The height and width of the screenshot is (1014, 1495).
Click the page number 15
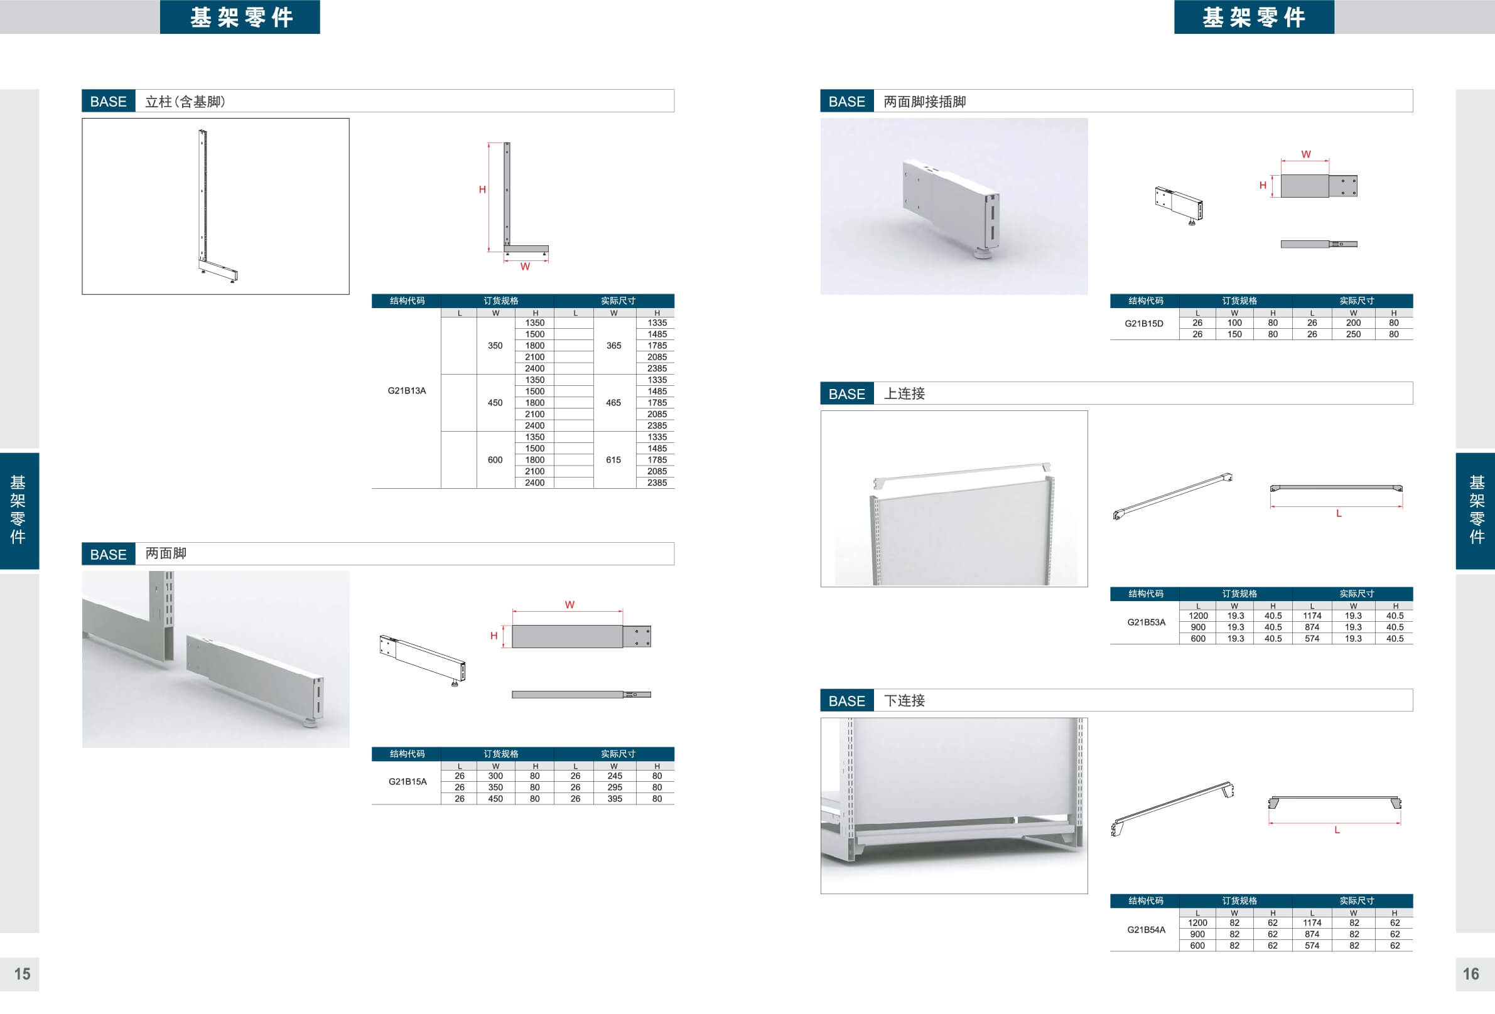[23, 973]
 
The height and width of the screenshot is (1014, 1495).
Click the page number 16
[1471, 973]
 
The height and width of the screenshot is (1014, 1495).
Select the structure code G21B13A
[407, 390]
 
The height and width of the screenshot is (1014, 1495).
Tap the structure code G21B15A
[407, 781]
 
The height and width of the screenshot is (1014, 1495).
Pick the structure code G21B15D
[1144, 323]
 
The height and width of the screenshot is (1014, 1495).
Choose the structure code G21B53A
[1146, 622]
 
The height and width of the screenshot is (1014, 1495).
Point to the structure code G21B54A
[1146, 929]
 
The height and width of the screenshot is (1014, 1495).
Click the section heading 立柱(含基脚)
[185, 102]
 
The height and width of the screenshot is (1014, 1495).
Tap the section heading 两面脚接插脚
[924, 102]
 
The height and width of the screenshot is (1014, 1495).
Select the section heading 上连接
[904, 393]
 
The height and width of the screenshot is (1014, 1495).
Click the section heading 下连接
[904, 700]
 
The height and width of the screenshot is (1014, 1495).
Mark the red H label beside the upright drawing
[482, 189]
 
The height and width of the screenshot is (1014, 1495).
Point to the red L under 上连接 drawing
[1339, 513]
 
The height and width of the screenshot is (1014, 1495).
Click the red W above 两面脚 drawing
[569, 604]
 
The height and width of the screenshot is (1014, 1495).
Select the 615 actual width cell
[613, 460]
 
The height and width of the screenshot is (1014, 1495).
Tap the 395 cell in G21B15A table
[614, 799]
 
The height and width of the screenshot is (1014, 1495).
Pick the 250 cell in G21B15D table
[1353, 334]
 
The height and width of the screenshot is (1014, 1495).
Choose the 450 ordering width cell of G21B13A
[495, 402]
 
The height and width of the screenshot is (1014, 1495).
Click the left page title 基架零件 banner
[240, 17]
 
